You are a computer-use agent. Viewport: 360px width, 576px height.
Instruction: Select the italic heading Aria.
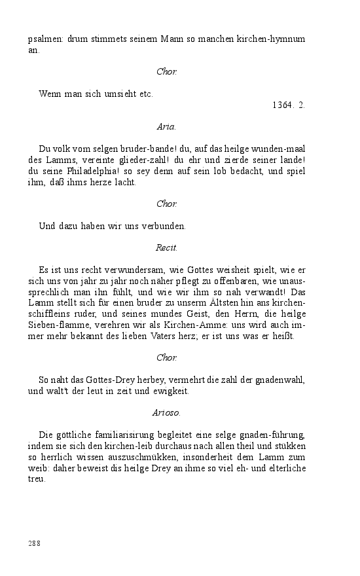tap(167, 126)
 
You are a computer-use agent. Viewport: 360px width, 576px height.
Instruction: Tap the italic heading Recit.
tap(167, 247)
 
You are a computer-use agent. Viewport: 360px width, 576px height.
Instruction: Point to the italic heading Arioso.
tap(167, 413)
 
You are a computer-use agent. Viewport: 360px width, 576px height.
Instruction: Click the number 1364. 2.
tap(289, 105)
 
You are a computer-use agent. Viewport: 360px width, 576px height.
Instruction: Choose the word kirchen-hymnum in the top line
tap(273, 39)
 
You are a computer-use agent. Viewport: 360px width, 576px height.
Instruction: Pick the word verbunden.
tap(166, 226)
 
